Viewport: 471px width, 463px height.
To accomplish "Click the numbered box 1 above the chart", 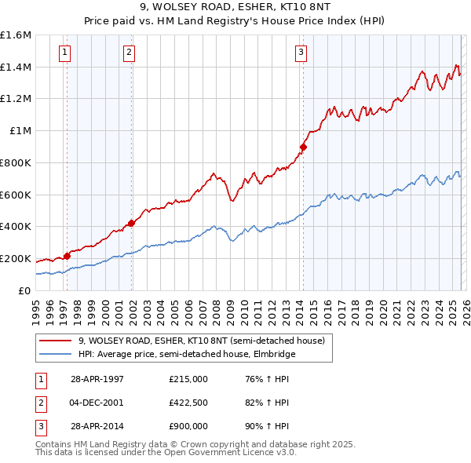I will [64, 53].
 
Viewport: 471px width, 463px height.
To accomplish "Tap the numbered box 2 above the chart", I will [129, 53].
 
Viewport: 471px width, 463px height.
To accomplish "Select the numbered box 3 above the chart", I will [301, 53].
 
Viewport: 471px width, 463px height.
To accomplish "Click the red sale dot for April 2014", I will [303, 147].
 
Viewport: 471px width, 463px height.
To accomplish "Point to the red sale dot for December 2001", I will [131, 223].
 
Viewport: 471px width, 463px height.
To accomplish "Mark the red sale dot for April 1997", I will [68, 256].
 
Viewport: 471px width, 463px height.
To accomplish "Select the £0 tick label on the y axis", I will [24, 290].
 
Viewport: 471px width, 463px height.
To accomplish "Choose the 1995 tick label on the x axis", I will [36, 307].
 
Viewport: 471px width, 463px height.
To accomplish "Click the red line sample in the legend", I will [56, 340].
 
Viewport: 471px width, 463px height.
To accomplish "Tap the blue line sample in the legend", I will [56, 354].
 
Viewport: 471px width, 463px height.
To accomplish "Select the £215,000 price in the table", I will [188, 379].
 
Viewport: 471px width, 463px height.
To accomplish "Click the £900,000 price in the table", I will [188, 426].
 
